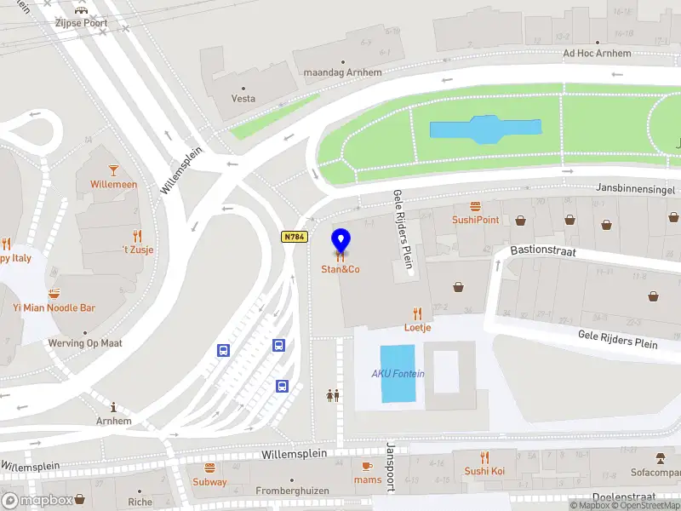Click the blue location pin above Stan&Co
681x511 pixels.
coord(340,241)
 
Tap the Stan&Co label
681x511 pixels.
coord(340,270)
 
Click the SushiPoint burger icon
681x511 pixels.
coord(475,206)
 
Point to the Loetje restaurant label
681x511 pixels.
coord(417,327)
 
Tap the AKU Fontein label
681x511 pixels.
coord(398,374)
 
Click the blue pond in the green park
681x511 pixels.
coord(485,129)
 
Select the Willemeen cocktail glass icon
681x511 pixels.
coord(113,170)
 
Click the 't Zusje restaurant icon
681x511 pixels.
coord(137,236)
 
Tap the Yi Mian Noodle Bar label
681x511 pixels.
coord(54,307)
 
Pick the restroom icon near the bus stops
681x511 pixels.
coord(332,395)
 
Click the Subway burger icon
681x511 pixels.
coord(209,468)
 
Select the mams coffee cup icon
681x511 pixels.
coord(368,467)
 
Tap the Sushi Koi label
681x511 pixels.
coord(484,471)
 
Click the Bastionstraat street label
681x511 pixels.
coord(544,252)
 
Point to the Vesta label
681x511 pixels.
coord(243,99)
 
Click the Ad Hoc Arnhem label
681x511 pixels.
coord(598,54)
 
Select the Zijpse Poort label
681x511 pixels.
coord(82,23)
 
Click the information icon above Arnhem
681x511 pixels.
coord(113,408)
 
